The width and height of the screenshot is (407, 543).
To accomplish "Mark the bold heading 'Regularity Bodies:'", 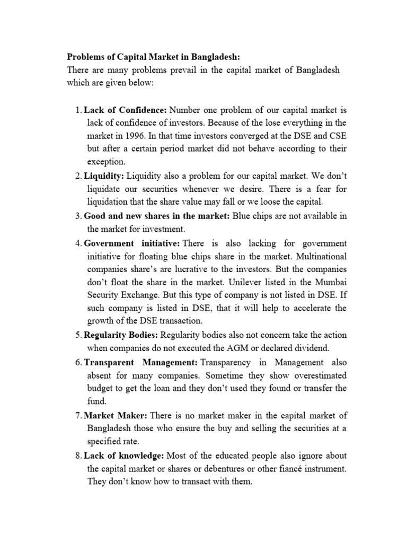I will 121,335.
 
